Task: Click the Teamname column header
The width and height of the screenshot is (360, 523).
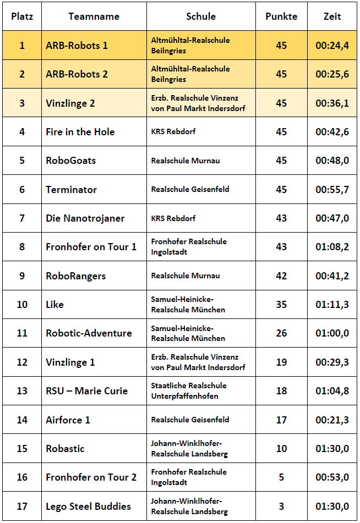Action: pyautogui.click(x=94, y=16)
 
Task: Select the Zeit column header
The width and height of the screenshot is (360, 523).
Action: pyautogui.click(x=332, y=16)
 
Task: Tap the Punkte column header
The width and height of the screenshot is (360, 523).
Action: pyautogui.click(x=281, y=16)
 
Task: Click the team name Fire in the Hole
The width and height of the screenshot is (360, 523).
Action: pyautogui.click(x=80, y=132)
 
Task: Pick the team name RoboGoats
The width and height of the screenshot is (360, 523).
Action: pyautogui.click(x=71, y=161)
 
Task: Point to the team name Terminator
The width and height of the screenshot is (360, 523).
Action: pyautogui.click(x=72, y=190)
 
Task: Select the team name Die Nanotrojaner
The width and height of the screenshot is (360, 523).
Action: pyautogui.click(x=85, y=218)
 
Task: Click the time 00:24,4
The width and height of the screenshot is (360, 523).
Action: pyautogui.click(x=332, y=46)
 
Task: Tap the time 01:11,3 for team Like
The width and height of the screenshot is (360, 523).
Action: pyautogui.click(x=332, y=305)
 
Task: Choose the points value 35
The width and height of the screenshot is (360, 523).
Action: pyautogui.click(x=281, y=305)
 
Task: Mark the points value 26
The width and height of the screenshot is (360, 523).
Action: pyautogui.click(x=281, y=333)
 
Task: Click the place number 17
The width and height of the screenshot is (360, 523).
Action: pyautogui.click(x=22, y=506)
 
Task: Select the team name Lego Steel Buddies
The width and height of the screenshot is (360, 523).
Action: pyautogui.click(x=89, y=506)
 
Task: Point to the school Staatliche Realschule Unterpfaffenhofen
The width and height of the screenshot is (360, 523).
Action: pyautogui.click(x=189, y=391)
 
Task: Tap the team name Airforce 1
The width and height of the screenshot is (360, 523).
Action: pyautogui.click(x=68, y=420)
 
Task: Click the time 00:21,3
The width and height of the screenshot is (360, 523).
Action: pyautogui.click(x=332, y=420)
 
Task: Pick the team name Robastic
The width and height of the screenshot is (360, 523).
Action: pyautogui.click(x=66, y=449)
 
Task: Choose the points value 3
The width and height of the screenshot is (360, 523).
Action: pyautogui.click(x=281, y=506)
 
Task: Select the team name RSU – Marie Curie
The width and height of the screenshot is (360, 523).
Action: pyautogui.click(x=87, y=391)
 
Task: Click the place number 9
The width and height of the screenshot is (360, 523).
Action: pyautogui.click(x=22, y=276)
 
